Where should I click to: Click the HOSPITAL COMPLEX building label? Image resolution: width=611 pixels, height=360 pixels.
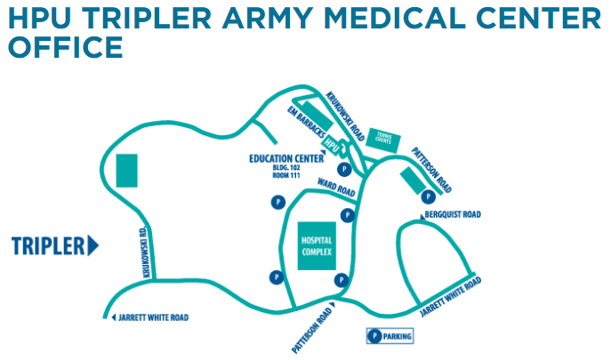[316, 247]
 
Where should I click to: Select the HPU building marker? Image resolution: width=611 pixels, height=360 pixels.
[331, 145]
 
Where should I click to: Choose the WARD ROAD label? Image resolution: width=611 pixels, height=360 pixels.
[336, 188]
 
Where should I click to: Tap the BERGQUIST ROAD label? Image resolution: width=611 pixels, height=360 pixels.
[454, 215]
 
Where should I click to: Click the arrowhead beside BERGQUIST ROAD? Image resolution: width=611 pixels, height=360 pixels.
[423, 215]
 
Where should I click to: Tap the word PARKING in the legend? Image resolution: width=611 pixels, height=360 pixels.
[398, 337]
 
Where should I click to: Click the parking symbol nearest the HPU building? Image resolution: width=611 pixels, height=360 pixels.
[342, 168]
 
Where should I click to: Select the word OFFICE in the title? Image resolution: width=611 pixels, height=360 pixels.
[64, 47]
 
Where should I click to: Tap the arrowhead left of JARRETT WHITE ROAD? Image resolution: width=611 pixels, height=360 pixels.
[113, 317]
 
